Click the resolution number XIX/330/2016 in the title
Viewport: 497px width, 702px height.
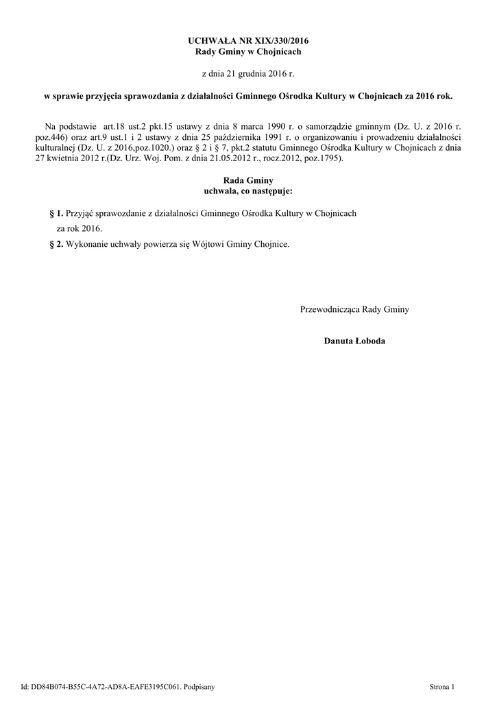273,42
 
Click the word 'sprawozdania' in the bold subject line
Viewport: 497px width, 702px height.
154,97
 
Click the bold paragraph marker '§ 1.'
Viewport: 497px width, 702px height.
56,214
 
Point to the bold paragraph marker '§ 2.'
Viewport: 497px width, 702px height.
56,245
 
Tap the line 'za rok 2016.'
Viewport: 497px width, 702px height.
79,229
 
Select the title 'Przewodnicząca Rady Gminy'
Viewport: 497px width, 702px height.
354,310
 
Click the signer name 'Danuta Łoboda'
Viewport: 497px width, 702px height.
354,341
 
